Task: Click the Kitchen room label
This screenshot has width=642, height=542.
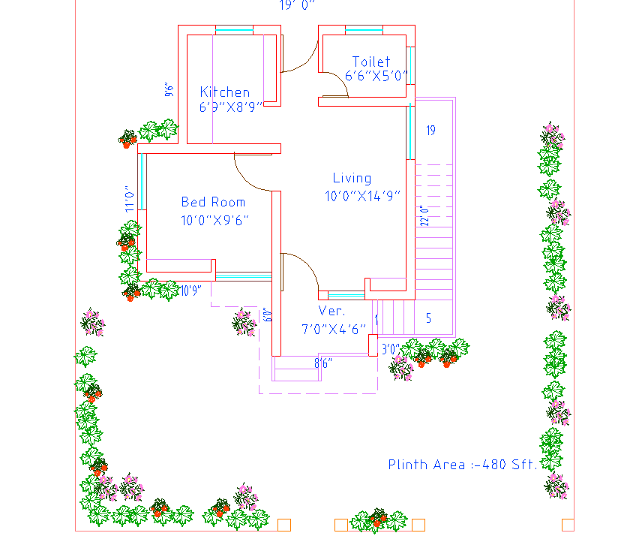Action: coord(224,92)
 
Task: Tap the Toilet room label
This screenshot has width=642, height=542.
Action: coord(371,62)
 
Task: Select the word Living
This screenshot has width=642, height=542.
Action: coord(352,178)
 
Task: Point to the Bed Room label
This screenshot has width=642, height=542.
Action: coord(213,202)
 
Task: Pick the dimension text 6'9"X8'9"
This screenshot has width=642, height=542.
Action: coord(230,107)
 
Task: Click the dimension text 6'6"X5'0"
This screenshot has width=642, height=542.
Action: coord(376,76)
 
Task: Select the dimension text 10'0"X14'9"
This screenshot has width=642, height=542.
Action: coord(363,196)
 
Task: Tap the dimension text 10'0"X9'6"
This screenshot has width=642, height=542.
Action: coord(214,221)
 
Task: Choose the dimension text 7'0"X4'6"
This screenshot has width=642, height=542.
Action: coord(334,329)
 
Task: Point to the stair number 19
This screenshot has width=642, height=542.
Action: coord(431,131)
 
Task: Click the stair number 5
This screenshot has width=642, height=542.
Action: coord(429,318)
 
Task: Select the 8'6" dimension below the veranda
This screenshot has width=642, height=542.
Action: coord(323,363)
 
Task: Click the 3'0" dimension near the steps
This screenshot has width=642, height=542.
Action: coord(389,349)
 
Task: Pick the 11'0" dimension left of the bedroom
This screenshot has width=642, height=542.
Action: coord(130,198)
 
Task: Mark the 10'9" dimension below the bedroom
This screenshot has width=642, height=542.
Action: coord(190,291)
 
